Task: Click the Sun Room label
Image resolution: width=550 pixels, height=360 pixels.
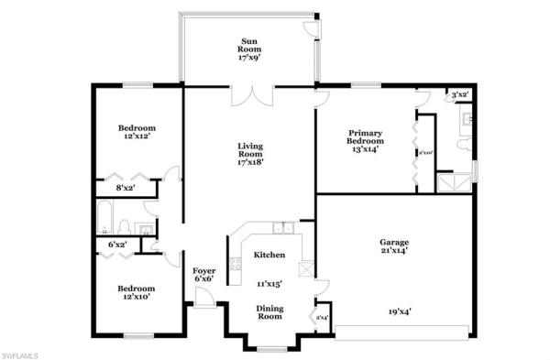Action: [x=249, y=47]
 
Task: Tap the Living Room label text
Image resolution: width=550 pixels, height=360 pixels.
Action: [x=250, y=154]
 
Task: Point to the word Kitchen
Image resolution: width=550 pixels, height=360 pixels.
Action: [x=269, y=256]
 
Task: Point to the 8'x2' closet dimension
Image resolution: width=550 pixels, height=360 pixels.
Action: [x=126, y=188]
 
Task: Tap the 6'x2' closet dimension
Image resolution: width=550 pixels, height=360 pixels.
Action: [x=117, y=245]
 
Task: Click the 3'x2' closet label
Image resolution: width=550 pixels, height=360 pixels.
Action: [x=459, y=94]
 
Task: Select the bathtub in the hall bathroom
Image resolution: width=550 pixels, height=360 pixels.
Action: [x=106, y=218]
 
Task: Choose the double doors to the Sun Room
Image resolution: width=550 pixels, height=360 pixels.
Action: [x=250, y=95]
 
